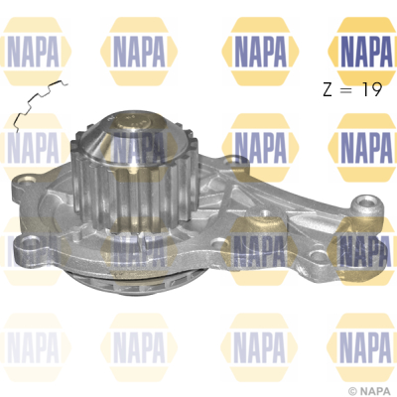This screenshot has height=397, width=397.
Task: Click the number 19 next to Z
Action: pos(372,89)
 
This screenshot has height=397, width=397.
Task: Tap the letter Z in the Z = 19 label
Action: pos(328,89)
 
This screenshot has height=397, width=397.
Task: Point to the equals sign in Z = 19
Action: pos(346,90)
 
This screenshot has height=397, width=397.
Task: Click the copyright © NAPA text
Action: pos(371,391)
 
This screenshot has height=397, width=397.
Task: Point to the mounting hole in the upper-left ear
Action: pos(27,182)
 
